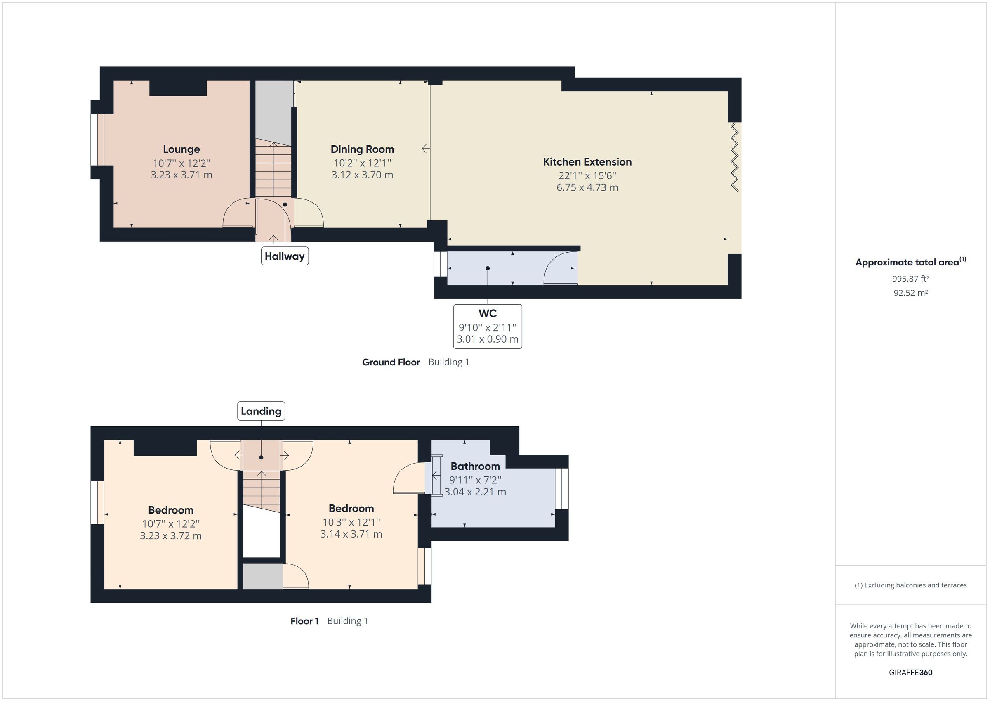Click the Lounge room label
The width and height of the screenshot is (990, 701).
(181, 149)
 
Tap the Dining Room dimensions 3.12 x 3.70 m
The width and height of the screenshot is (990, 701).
(362, 175)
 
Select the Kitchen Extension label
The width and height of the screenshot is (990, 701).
(587, 162)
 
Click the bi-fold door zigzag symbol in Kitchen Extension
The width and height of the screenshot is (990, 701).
(734, 157)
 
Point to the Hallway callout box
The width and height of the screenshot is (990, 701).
(285, 256)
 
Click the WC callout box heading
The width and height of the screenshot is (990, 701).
(487, 313)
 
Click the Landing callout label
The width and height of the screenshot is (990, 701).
(261, 411)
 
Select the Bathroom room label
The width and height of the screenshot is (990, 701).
(475, 466)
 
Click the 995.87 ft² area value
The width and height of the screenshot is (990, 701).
(910, 279)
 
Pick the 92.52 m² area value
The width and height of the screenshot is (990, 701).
(910, 293)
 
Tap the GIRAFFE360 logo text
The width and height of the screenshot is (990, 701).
(910, 672)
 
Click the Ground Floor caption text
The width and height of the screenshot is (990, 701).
(391, 362)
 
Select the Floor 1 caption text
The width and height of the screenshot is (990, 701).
(304, 621)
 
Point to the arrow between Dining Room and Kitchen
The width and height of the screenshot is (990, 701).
(426, 149)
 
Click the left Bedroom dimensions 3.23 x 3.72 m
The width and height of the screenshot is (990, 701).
(170, 536)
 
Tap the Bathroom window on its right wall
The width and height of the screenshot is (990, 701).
(561, 489)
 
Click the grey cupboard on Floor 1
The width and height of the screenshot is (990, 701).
(262, 576)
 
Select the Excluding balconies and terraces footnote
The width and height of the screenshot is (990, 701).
(910, 585)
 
